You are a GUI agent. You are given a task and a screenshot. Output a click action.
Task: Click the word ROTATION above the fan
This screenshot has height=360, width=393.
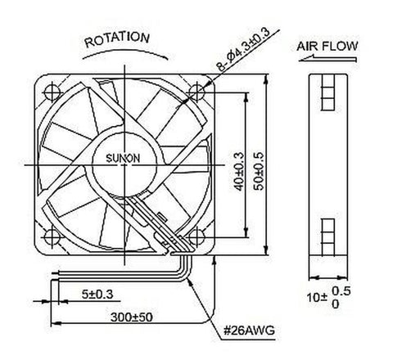coord(116,38)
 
